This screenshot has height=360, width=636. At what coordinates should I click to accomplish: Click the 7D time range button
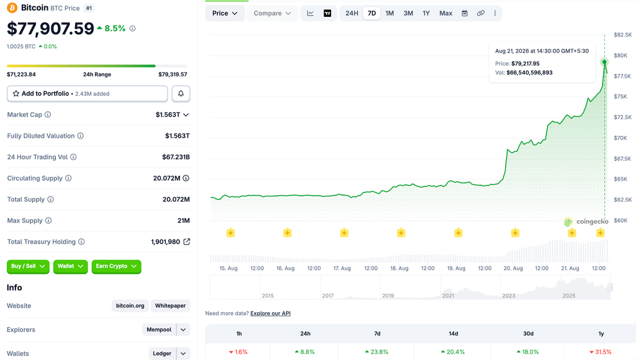(x=371, y=14)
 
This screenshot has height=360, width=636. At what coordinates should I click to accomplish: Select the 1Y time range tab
(x=426, y=14)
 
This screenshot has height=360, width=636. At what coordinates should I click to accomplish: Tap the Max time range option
(x=445, y=14)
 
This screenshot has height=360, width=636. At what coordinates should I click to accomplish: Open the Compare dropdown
(x=272, y=14)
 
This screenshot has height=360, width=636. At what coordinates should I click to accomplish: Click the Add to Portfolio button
(x=87, y=94)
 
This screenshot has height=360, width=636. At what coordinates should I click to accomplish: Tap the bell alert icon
(x=181, y=94)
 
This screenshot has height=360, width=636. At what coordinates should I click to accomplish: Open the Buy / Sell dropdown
(x=28, y=266)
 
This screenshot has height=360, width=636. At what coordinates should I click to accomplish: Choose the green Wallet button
(x=70, y=266)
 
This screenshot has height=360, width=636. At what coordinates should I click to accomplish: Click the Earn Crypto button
(x=116, y=266)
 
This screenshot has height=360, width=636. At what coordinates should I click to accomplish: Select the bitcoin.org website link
(x=130, y=305)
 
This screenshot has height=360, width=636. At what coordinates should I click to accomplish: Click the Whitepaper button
(x=170, y=305)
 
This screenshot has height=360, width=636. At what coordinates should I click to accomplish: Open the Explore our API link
(x=270, y=313)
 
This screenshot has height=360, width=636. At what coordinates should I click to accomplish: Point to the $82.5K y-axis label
(x=622, y=35)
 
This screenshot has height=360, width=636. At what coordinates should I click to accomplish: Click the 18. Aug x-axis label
(x=399, y=268)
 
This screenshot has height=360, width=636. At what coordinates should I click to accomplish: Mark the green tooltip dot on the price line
(x=604, y=62)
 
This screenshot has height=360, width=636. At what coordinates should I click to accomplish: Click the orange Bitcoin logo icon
(x=12, y=7)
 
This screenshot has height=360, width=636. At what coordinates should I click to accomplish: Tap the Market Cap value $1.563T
(x=168, y=115)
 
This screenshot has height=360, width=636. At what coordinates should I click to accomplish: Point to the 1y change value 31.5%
(x=603, y=352)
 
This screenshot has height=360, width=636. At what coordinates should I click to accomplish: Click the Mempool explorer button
(x=159, y=330)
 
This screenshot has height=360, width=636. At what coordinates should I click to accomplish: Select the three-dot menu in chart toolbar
(x=495, y=14)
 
